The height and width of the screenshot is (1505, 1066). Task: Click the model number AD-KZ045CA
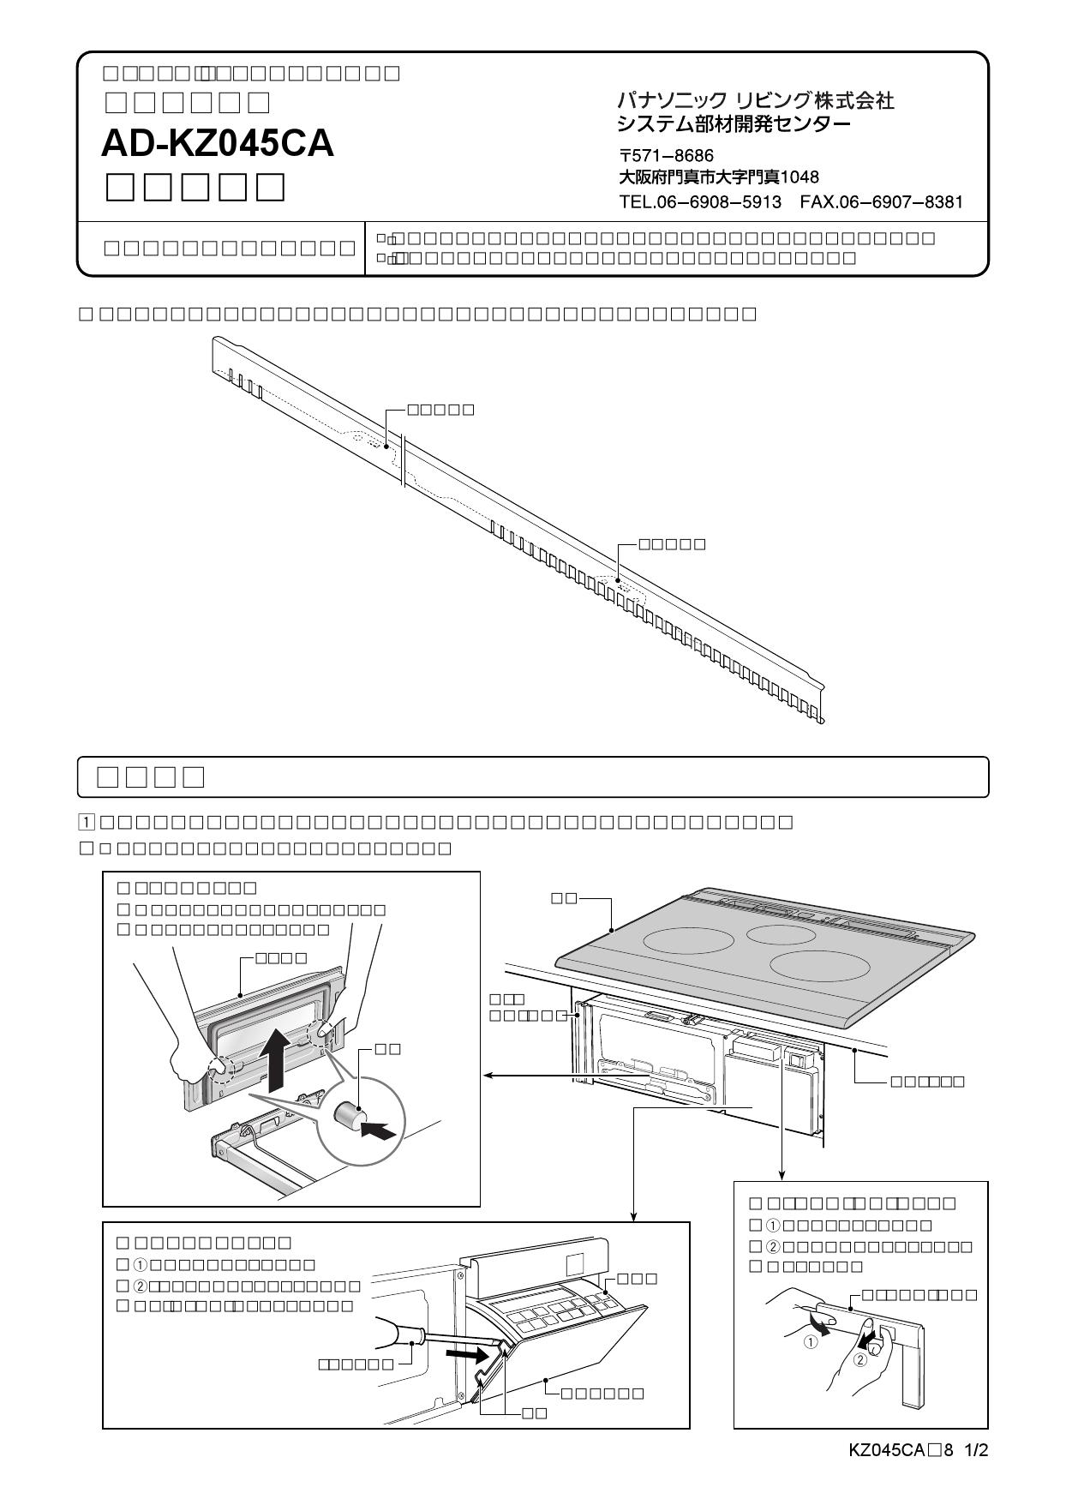coord(218,143)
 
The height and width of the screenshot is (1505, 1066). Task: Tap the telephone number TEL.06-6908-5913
coord(699,202)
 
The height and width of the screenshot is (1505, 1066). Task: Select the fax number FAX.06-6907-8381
coord(881,202)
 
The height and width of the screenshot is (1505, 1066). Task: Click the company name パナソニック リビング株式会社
coord(755,101)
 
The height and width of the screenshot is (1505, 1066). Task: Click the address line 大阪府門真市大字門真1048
coord(718,177)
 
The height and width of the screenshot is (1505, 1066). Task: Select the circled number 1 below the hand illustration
coord(809,1343)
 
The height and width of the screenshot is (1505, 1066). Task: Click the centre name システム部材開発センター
coord(734,125)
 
